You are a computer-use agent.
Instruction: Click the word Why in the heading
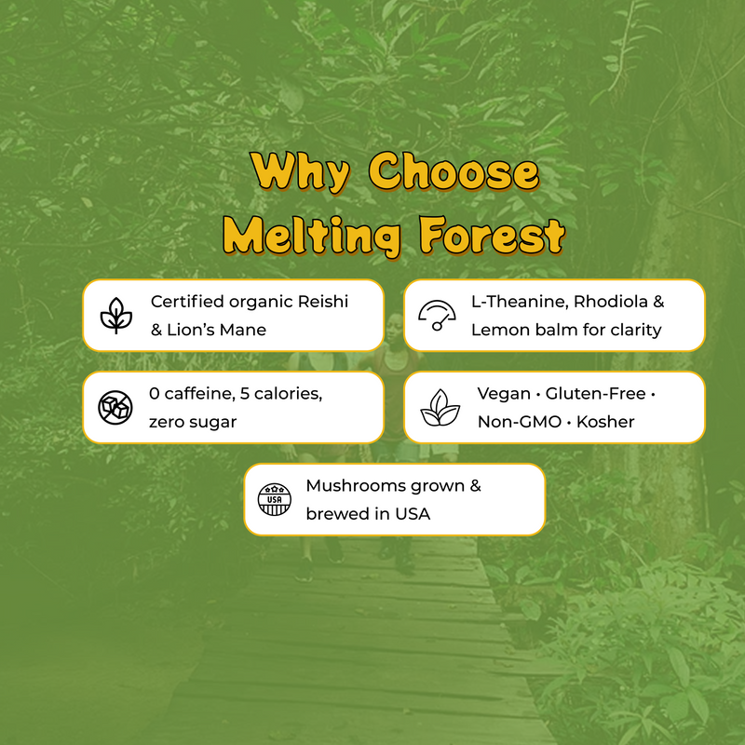(x=300, y=172)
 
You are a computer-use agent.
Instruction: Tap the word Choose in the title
(x=454, y=171)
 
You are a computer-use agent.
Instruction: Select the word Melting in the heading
(x=312, y=237)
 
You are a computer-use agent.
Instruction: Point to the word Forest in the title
(x=493, y=236)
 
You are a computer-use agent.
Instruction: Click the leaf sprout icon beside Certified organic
(x=115, y=316)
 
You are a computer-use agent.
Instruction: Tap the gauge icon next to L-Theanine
(x=437, y=315)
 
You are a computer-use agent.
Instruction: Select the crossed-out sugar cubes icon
(x=115, y=407)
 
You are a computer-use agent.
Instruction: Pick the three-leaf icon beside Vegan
(x=440, y=408)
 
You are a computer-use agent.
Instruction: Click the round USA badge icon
(x=275, y=499)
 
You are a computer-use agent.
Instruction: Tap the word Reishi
(x=323, y=302)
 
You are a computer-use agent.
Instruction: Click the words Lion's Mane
(x=217, y=330)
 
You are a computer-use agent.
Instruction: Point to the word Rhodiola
(x=611, y=302)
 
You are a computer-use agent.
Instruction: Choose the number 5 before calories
(x=245, y=394)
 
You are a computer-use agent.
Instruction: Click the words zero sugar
(x=193, y=423)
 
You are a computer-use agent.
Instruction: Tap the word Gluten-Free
(x=595, y=394)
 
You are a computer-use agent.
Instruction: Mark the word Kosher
(x=605, y=422)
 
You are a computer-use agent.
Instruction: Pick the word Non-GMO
(x=520, y=422)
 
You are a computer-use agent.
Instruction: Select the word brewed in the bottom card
(x=333, y=514)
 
